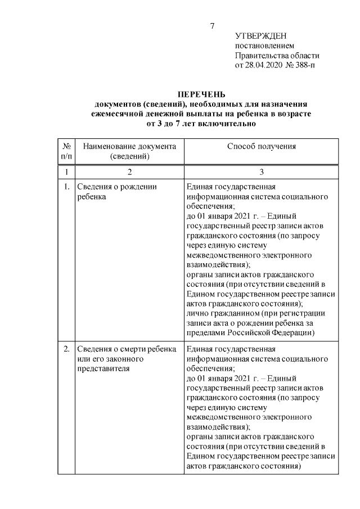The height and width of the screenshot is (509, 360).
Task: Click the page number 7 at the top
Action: (x=211, y=26)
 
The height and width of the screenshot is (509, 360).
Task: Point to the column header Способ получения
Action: (x=261, y=146)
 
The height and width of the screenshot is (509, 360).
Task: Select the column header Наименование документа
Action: (x=129, y=146)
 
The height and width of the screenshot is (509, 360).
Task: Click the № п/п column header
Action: (x=66, y=151)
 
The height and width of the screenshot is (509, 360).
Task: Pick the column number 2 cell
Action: (x=129, y=172)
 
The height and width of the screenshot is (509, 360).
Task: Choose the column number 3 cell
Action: (x=261, y=172)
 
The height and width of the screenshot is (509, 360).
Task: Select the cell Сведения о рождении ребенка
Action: (x=117, y=192)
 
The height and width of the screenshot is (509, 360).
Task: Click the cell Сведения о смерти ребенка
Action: (x=127, y=349)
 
